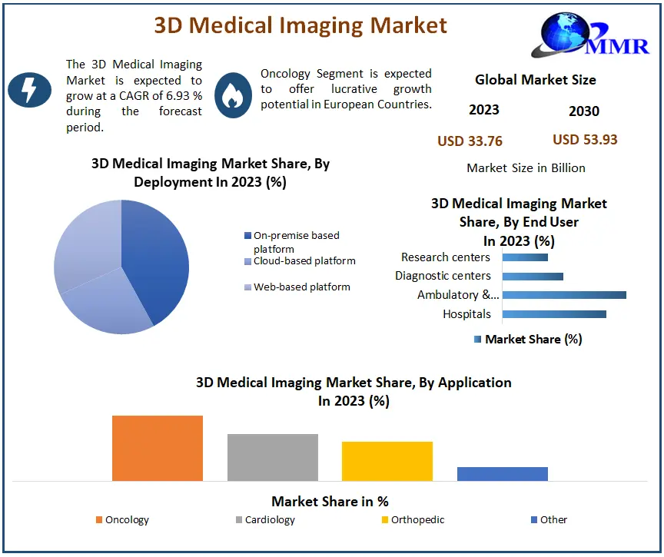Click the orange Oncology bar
click(x=158, y=448)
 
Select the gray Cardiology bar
click(x=273, y=457)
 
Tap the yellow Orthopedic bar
click(x=387, y=461)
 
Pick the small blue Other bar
click(x=503, y=473)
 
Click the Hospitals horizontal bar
click(x=554, y=313)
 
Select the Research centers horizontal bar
click(x=525, y=257)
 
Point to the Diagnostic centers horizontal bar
click(x=533, y=276)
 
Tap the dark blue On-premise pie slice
click(x=158, y=254)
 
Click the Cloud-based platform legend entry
click(x=304, y=261)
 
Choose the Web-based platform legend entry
click(x=301, y=287)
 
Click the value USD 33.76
click(x=470, y=141)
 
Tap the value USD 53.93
click(x=585, y=140)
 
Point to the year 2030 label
click(x=584, y=111)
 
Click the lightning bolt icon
click(x=28, y=91)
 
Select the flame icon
click(x=233, y=94)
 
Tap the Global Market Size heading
click(x=535, y=79)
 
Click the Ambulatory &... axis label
click(x=458, y=295)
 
